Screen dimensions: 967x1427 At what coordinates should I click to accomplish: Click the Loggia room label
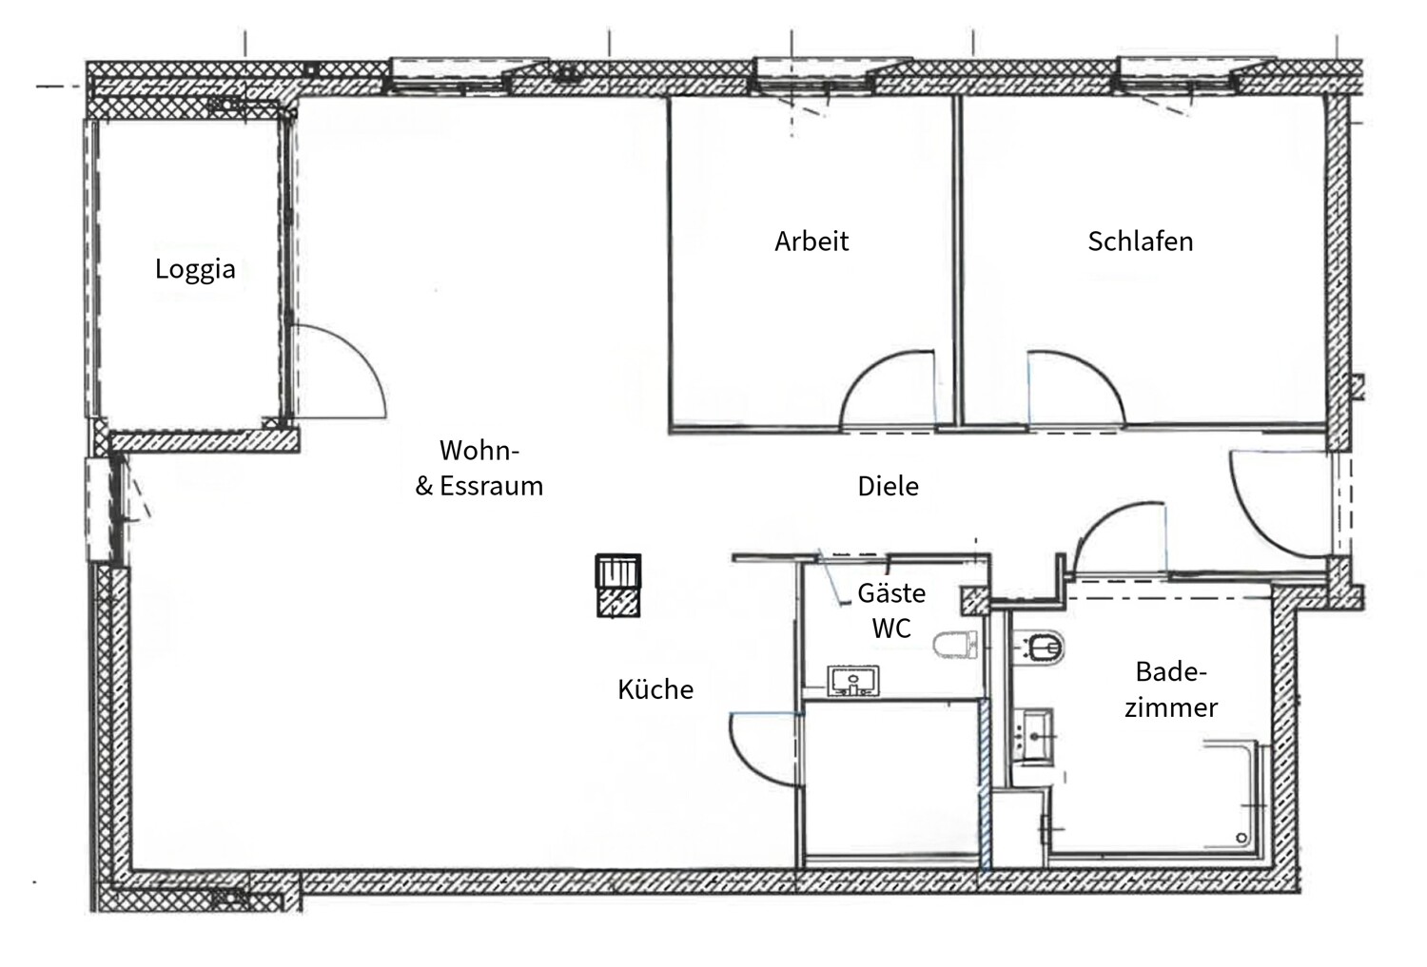pyautogui.click(x=195, y=269)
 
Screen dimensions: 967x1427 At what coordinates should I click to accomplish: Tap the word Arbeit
pyautogui.click(x=811, y=241)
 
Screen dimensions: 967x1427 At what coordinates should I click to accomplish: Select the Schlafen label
pyautogui.click(x=1140, y=241)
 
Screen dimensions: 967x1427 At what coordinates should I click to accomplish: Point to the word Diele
pyautogui.click(x=888, y=487)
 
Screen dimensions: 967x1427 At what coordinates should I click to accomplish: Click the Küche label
pyautogui.click(x=655, y=689)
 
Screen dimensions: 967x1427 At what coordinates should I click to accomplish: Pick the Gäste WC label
pyautogui.click(x=891, y=610)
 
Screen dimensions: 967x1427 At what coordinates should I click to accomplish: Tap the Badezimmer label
pyautogui.click(x=1171, y=689)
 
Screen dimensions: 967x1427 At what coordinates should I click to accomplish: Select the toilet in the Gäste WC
pyautogui.click(x=955, y=646)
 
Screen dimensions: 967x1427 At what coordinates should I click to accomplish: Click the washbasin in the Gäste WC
pyautogui.click(x=853, y=682)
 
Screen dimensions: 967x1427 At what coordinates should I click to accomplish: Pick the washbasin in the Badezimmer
pyautogui.click(x=1033, y=734)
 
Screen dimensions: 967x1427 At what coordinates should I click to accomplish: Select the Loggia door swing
pyautogui.click(x=338, y=371)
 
